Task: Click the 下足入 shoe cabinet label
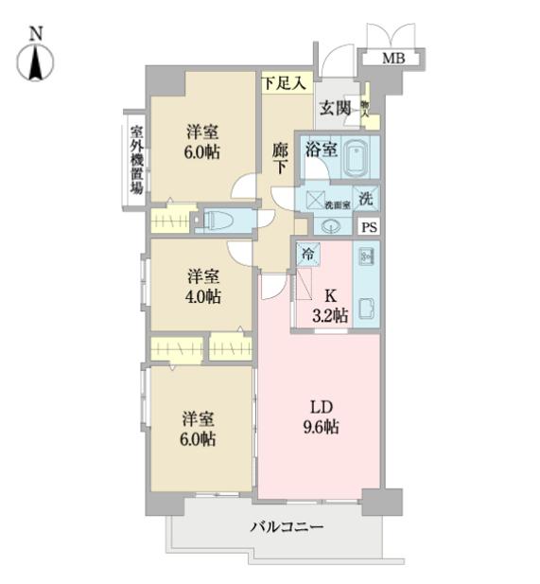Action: tap(284, 83)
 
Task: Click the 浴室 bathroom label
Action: tap(320, 149)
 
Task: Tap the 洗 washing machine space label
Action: tap(368, 201)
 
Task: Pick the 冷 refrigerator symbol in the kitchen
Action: tap(307, 253)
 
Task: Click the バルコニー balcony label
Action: tap(287, 526)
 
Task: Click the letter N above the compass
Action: tap(36, 31)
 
